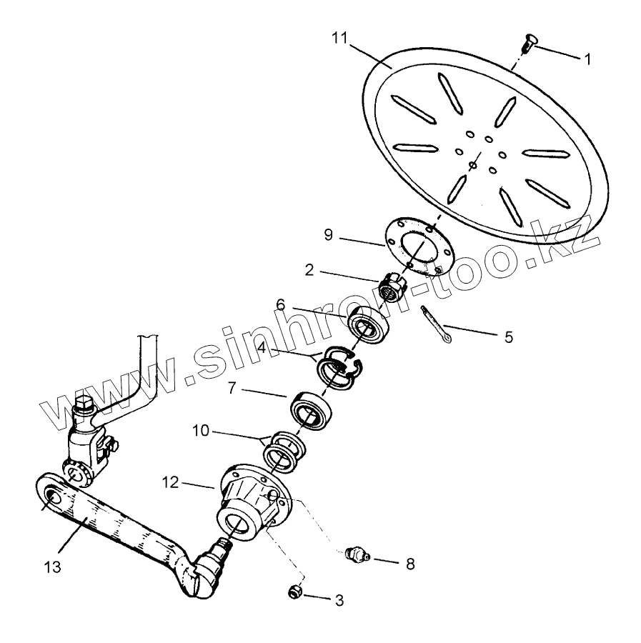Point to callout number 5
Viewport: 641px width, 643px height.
[508, 337]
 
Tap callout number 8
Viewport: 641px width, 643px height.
[409, 564]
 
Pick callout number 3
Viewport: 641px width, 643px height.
[339, 601]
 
